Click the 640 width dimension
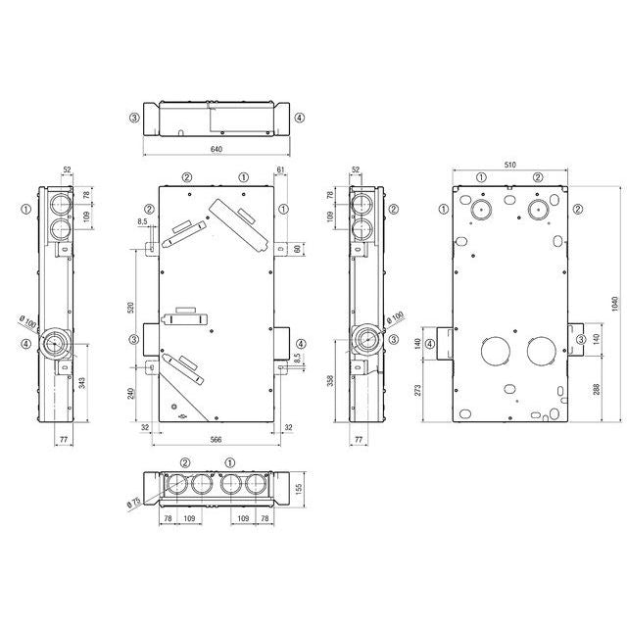(x=216, y=149)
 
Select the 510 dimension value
(x=509, y=165)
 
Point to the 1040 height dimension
(x=615, y=304)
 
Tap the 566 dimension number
(x=216, y=440)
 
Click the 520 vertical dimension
(x=130, y=308)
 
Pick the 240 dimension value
(x=130, y=394)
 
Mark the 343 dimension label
(x=82, y=383)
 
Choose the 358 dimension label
(x=330, y=380)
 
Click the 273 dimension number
(x=417, y=390)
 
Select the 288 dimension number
(x=596, y=390)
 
